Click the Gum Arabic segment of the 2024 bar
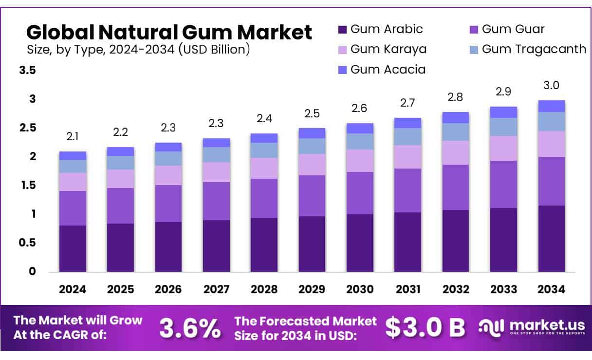pyautogui.click(x=73, y=248)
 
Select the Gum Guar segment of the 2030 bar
pyautogui.click(x=360, y=193)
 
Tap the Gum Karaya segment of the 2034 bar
pyautogui.click(x=552, y=144)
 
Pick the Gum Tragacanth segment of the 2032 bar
pyautogui.click(x=456, y=132)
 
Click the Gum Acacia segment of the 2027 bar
pyautogui.click(x=216, y=143)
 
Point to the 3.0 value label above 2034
pyautogui.click(x=552, y=86)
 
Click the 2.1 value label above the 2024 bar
pyautogui.click(x=73, y=137)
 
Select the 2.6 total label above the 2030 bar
pyautogui.click(x=360, y=109)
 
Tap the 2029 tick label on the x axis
pyautogui.click(x=312, y=289)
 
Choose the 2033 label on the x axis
pyautogui.click(x=503, y=289)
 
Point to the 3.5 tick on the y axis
pyautogui.click(x=27, y=71)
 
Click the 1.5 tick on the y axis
pyautogui.click(x=27, y=186)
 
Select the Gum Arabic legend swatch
pyautogui.click(x=342, y=29)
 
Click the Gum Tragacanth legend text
pyautogui.click(x=534, y=49)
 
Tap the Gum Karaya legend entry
pyautogui.click(x=388, y=49)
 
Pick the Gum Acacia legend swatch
pyautogui.click(x=342, y=70)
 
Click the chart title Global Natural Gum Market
pyautogui.click(x=169, y=32)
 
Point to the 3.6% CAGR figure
pyautogui.click(x=189, y=328)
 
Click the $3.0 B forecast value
pyautogui.click(x=425, y=328)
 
